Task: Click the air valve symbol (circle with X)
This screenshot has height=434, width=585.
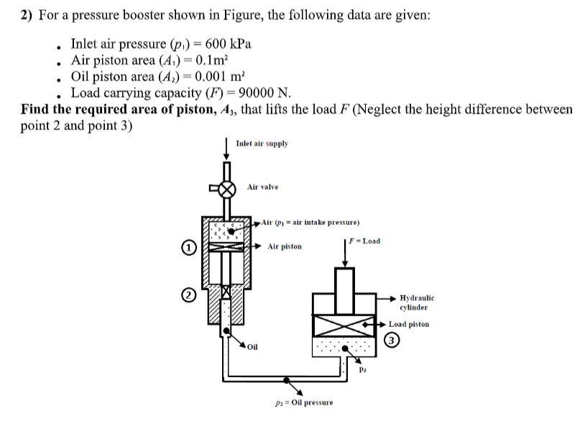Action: point(227,190)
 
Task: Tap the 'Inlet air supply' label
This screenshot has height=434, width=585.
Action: point(262,144)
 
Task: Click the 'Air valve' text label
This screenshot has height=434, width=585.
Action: point(262,187)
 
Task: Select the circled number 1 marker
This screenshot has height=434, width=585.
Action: point(189,248)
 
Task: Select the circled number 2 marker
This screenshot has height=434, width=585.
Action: point(189,294)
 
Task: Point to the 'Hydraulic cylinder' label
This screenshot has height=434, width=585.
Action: point(417,302)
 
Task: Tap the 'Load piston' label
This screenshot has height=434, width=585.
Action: point(409,324)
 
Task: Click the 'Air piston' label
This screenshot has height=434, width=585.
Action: point(285,246)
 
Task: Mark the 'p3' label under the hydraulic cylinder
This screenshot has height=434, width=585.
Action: point(363,371)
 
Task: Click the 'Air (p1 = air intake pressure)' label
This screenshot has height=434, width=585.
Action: point(310,222)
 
